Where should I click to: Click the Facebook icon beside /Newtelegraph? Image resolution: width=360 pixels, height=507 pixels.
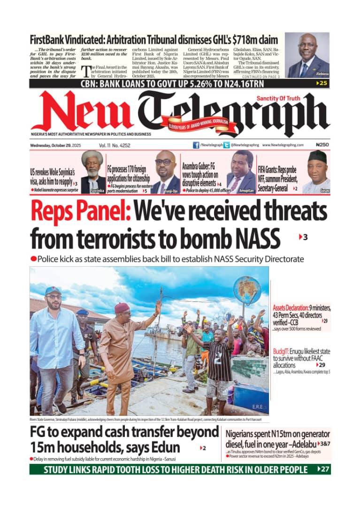196,145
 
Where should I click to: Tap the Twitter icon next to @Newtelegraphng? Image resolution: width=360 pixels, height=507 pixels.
227,145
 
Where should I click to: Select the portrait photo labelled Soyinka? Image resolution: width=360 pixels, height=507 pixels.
92,172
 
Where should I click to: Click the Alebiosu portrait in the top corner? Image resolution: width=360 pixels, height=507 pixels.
307,55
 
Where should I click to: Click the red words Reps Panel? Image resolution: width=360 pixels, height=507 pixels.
80,212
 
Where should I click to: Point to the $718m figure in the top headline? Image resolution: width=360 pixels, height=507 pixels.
259,39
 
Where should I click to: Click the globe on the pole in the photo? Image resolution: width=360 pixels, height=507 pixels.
247,290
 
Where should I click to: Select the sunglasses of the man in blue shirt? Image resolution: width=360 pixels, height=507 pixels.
54,297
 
